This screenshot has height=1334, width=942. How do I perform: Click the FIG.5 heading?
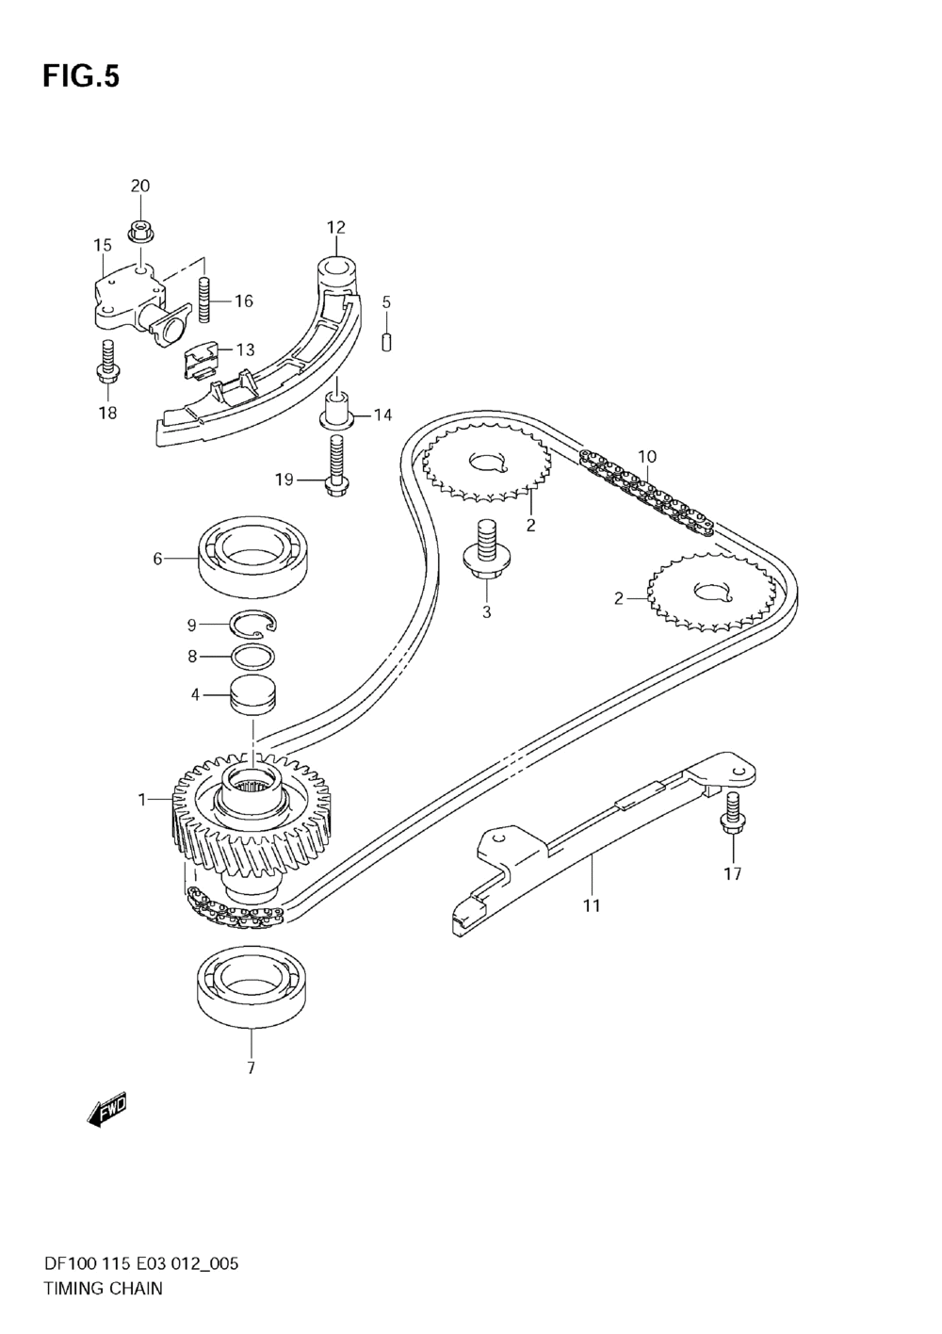(81, 76)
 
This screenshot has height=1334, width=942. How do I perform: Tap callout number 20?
(139, 186)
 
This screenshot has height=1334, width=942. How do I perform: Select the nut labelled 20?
(139, 229)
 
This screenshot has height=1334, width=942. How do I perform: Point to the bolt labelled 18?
(106, 362)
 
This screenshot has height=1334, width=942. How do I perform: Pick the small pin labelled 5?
(386, 341)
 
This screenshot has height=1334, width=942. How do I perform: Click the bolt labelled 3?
(486, 552)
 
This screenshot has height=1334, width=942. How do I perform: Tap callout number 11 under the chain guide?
(592, 905)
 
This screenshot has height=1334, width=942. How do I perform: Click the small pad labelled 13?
(201, 359)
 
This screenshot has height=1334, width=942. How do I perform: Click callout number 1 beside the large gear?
(142, 800)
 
